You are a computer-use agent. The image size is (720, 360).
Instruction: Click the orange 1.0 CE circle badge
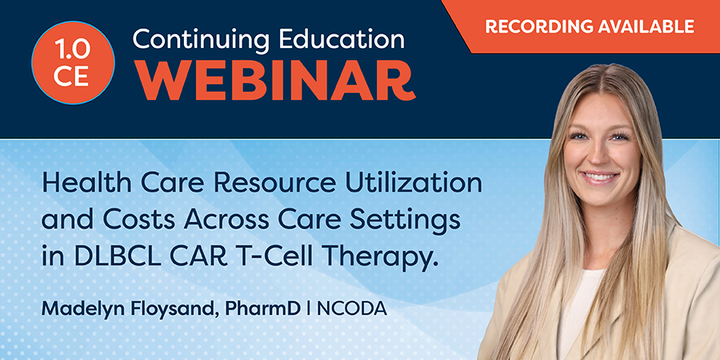(x=73, y=62)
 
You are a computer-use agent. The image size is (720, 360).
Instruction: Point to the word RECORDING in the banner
(x=535, y=26)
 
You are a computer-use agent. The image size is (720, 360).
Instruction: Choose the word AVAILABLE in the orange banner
(x=642, y=26)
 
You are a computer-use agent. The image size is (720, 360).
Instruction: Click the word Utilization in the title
(x=414, y=185)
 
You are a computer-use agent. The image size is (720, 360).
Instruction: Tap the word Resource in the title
(x=284, y=185)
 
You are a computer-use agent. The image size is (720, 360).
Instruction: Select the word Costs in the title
(x=139, y=221)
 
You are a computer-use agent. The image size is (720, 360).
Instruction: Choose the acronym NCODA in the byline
(x=352, y=309)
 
